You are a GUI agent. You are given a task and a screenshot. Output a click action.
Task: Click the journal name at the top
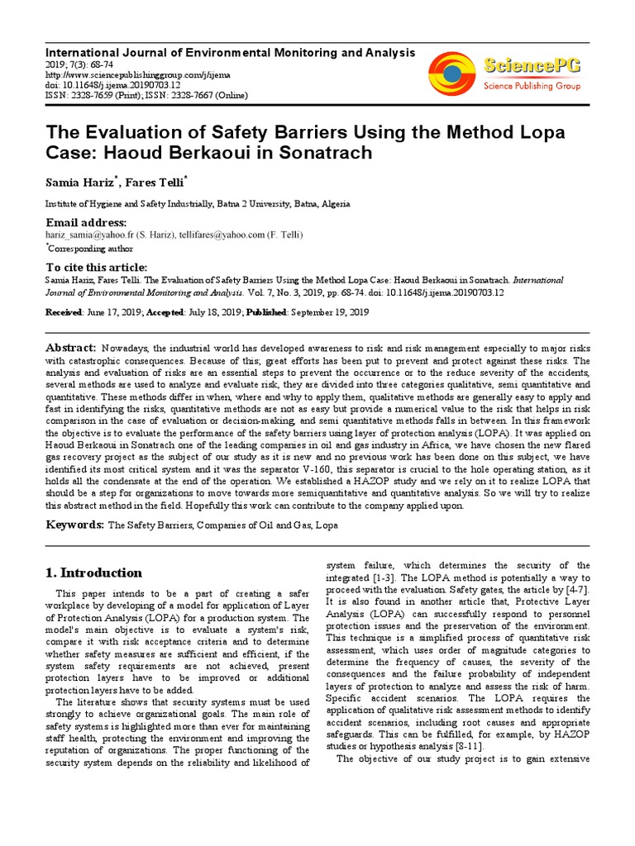(230, 52)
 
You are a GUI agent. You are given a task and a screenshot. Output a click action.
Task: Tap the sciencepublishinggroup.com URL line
(122, 73)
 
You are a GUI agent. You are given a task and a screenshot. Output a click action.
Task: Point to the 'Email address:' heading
(86, 223)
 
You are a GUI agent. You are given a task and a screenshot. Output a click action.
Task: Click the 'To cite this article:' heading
(97, 267)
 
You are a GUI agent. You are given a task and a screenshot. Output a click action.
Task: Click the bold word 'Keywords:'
(74, 525)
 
